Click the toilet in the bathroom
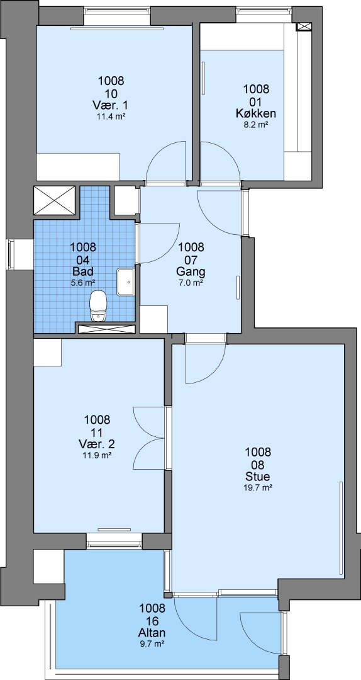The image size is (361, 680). pos(98,306)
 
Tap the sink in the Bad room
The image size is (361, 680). pos(126,282)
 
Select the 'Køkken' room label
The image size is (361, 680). pos(256,113)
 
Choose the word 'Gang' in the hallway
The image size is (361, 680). pos(191,273)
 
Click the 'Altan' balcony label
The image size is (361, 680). pos(152,633)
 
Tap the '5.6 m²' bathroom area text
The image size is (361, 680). pos(83,283)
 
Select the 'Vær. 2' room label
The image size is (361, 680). pos(97,444)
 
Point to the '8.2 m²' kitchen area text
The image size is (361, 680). pos(256,125)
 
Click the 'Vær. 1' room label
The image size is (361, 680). pos(111,105)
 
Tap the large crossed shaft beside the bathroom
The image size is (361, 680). pos(55,200)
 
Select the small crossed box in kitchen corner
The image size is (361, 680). pos(303,27)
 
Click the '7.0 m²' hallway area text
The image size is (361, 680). pos(191,283)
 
